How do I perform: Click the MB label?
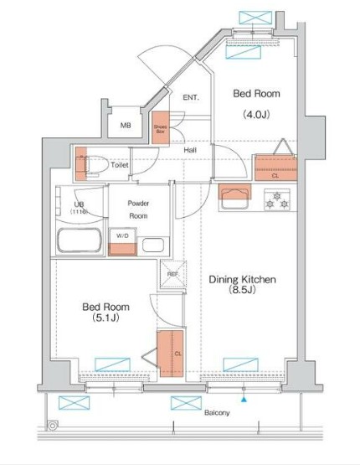(x=126, y=126)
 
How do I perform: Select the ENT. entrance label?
(x=191, y=98)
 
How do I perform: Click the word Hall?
(x=190, y=152)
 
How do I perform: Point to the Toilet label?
(x=120, y=166)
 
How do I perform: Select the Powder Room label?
(x=137, y=209)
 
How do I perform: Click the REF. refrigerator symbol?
(x=172, y=274)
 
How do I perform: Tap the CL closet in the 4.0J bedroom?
(x=275, y=168)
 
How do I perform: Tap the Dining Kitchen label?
(x=241, y=278)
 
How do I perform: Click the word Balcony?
(x=216, y=413)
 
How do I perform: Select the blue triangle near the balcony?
(x=244, y=400)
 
